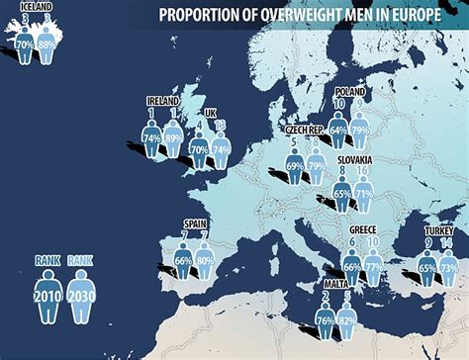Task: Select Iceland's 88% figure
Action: (x=46, y=45)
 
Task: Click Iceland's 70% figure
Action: (x=24, y=45)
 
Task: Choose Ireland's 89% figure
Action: (x=174, y=138)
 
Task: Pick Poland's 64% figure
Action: (x=339, y=129)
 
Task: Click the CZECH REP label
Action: (x=304, y=130)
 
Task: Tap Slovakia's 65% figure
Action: (x=341, y=195)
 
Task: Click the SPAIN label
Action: (x=194, y=224)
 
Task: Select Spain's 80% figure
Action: (x=206, y=261)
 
